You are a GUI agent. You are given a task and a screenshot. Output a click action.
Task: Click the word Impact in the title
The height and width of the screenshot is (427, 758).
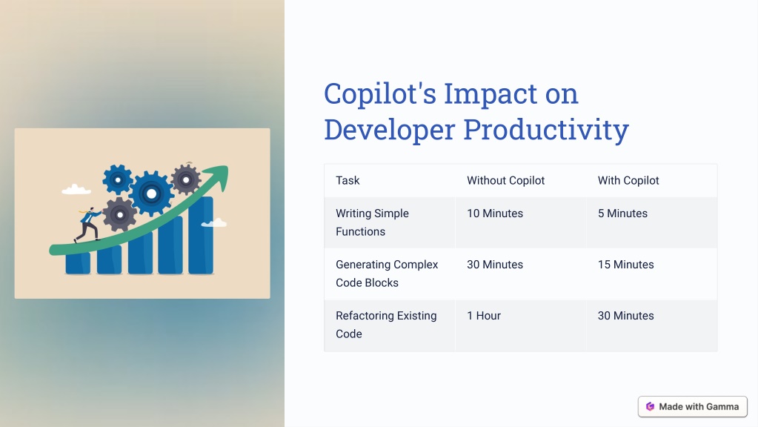[x=491, y=94]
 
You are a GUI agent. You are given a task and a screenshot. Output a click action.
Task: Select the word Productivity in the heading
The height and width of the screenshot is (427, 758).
[x=546, y=130]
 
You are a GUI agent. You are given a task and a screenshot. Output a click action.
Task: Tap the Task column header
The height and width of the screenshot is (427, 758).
[x=348, y=180]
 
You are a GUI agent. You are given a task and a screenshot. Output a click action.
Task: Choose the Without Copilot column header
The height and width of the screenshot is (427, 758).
[x=505, y=180]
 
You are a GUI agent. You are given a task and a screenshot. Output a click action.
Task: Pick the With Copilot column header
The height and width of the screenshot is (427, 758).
[x=628, y=180]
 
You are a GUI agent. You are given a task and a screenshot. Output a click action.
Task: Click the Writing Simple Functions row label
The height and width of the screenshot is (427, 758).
[x=372, y=222]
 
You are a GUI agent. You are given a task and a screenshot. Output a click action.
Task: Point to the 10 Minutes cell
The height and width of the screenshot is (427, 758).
[x=495, y=213]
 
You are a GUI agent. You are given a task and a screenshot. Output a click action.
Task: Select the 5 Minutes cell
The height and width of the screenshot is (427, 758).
[x=622, y=213]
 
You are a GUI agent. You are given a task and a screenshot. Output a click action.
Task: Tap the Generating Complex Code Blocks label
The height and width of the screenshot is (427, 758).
[x=387, y=274]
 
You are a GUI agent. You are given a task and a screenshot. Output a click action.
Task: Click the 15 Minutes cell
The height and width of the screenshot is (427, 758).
[x=625, y=265]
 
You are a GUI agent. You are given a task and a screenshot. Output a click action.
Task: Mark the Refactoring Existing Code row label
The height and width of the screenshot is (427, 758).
[x=386, y=325]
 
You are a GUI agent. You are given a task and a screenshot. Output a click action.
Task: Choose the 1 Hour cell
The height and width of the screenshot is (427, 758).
[x=484, y=316]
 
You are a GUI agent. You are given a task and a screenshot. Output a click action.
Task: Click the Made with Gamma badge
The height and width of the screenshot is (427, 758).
[x=693, y=407]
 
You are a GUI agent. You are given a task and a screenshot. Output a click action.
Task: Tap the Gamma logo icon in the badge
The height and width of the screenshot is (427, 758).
[x=651, y=407]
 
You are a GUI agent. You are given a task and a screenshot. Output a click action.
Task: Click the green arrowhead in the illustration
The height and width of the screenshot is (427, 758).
[x=219, y=175]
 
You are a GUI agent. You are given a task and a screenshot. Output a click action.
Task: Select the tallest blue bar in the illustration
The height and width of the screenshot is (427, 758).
[x=201, y=235]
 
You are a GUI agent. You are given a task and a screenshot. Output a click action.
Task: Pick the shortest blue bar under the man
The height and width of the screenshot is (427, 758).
[x=78, y=263]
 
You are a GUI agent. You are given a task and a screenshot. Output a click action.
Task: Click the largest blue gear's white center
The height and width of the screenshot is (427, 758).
[x=151, y=194]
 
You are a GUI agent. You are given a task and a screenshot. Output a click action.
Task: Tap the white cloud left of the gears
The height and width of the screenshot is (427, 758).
[x=76, y=189]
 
